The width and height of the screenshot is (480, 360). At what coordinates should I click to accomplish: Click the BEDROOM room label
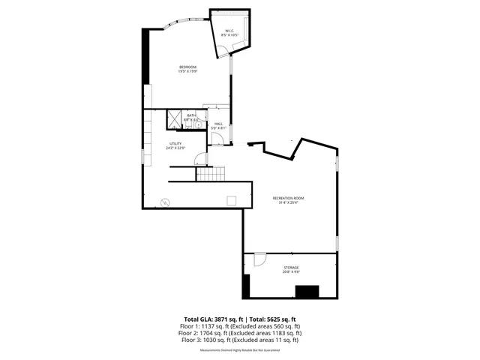[x=188, y=68]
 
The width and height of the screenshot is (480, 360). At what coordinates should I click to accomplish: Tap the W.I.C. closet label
[x=229, y=31]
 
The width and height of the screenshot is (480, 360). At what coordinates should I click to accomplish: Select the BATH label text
[x=191, y=115]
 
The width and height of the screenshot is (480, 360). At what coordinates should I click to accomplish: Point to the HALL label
[x=218, y=124]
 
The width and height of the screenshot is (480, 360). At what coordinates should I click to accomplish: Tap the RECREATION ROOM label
[x=289, y=198]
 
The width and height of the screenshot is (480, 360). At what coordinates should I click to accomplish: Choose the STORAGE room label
[x=291, y=267]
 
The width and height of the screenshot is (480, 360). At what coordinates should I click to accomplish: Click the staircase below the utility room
[x=211, y=174]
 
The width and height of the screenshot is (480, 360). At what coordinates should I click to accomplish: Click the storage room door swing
[x=259, y=259]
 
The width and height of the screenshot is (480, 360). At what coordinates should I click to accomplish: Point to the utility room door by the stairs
[x=199, y=159]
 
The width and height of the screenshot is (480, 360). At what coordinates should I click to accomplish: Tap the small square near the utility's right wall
[x=232, y=199]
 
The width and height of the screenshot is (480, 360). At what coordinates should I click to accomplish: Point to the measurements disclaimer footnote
[x=240, y=349]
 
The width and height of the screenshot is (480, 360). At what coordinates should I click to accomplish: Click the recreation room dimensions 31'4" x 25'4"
[x=289, y=202]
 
